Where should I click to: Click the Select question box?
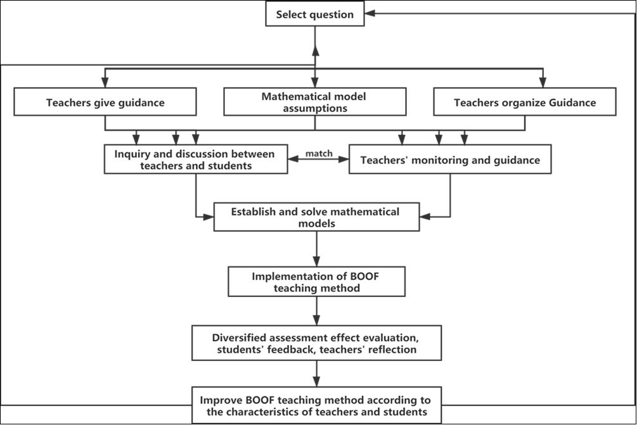click(315, 15)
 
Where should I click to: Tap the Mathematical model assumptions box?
click(314, 102)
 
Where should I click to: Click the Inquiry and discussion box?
click(195, 160)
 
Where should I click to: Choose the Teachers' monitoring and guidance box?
click(450, 160)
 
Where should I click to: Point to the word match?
click(319, 154)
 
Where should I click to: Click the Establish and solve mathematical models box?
click(316, 217)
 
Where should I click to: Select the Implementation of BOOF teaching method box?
click(316, 282)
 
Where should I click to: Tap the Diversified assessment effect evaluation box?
click(316, 343)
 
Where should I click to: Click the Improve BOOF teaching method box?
click(316, 405)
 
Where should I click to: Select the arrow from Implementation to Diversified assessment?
click(316, 311)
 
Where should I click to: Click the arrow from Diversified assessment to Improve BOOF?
click(316, 374)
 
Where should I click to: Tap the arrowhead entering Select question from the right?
click(370, 14)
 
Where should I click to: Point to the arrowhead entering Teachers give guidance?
click(105, 83)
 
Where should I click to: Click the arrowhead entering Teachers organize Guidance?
click(542, 83)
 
